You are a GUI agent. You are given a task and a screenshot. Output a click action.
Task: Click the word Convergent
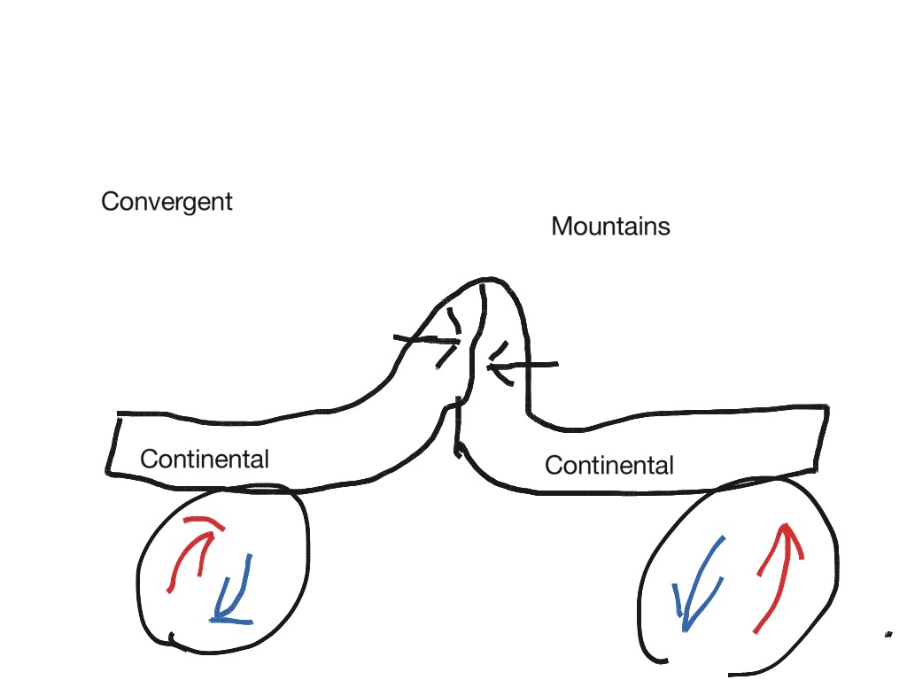pos(167,202)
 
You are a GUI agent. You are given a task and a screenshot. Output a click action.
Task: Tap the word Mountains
pos(610,227)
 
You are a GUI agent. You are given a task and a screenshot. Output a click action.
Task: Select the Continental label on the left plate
pos(205,460)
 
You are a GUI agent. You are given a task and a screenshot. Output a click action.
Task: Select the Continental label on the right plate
pos(609,465)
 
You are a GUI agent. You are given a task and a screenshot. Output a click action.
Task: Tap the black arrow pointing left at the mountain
pos(523,364)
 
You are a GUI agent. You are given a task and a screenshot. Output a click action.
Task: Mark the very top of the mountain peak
pos(483,282)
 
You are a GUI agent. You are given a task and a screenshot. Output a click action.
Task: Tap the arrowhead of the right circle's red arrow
pos(784,531)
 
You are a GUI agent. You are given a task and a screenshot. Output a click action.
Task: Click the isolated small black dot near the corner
pos(887,634)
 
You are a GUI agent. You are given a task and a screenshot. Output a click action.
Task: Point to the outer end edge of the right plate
pos(822,437)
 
